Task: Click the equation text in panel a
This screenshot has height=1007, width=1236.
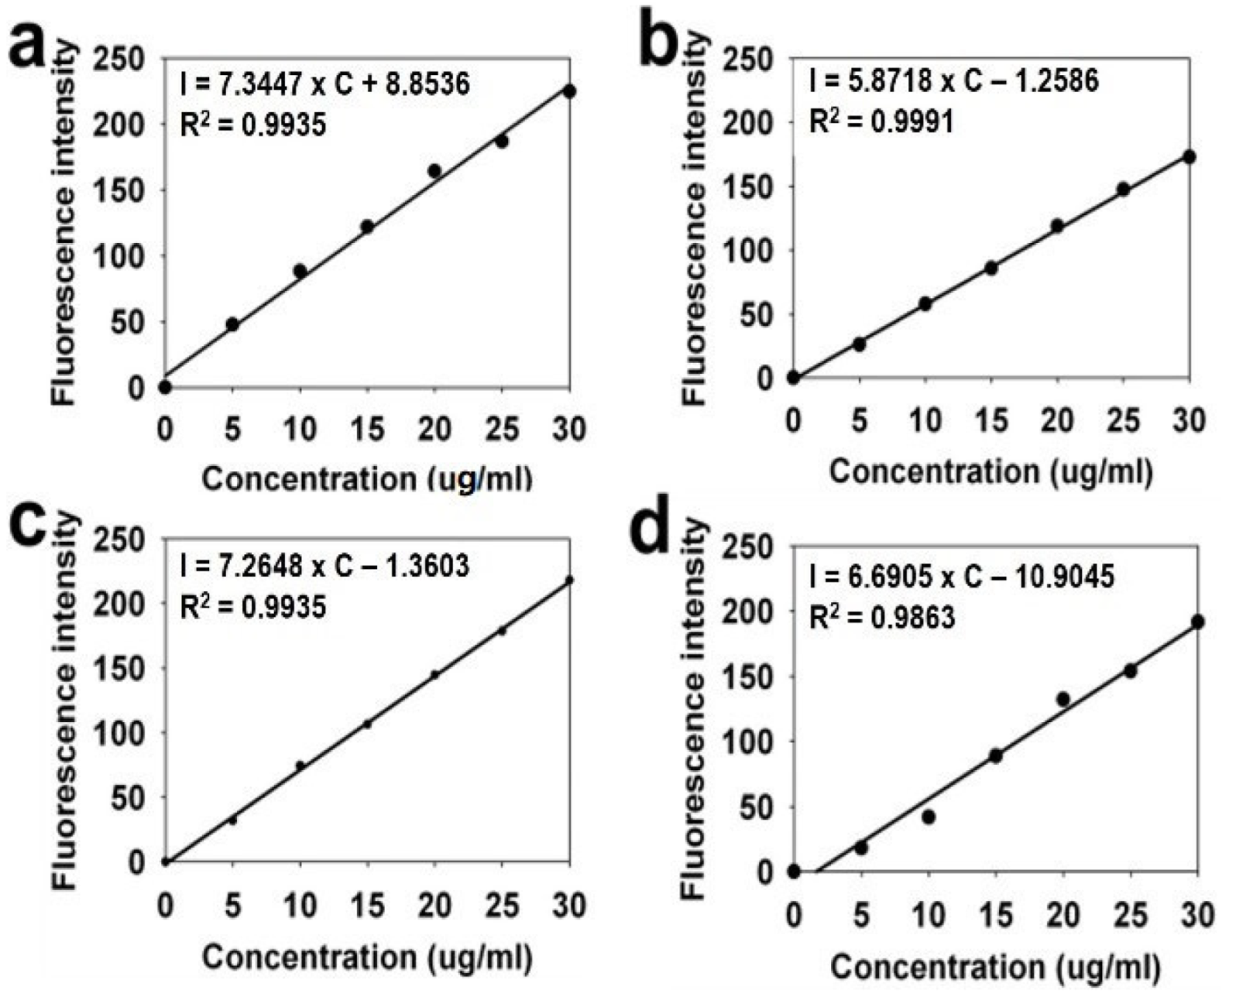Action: point(324,84)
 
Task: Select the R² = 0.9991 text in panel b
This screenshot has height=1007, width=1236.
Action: point(881,121)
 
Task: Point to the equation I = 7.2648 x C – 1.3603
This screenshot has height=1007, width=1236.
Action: point(324,567)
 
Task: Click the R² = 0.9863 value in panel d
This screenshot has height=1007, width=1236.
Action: point(881,617)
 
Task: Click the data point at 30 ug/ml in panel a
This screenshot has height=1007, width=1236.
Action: point(569,91)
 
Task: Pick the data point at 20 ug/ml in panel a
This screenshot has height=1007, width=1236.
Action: point(434,171)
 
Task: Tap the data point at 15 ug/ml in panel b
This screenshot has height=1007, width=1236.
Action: point(991,269)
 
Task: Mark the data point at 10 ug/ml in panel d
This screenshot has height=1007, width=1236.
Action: point(929,817)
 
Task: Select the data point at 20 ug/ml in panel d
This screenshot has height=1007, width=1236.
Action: point(1063,699)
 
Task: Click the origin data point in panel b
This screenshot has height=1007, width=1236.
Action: point(793,378)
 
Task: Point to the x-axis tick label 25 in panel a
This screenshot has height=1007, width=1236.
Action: point(502,429)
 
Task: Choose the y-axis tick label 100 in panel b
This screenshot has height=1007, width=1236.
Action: point(747,251)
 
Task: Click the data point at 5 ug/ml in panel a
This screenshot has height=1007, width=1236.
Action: point(232,324)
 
